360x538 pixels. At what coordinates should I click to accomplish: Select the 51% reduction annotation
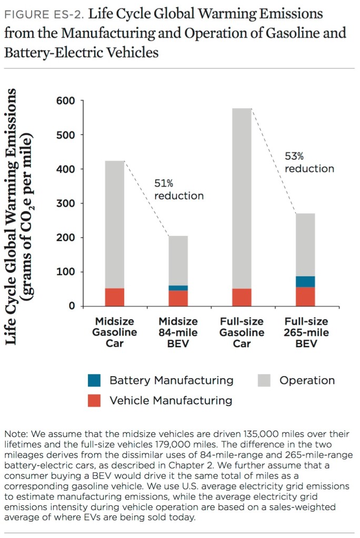click(178, 189)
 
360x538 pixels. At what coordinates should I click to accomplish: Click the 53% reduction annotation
click(309, 162)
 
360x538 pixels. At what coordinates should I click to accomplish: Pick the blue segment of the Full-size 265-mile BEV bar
click(305, 282)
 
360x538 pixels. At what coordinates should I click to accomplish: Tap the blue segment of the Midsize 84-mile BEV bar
click(178, 288)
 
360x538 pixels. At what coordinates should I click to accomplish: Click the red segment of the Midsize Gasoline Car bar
click(115, 297)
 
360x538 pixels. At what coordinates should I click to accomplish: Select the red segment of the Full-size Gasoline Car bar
click(242, 297)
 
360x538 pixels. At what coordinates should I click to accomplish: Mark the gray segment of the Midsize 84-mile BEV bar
click(178, 261)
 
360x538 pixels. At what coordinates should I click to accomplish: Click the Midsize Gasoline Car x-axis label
click(115, 333)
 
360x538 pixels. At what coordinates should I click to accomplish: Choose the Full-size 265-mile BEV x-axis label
click(306, 333)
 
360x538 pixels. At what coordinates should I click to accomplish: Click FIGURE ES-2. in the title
click(43, 14)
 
